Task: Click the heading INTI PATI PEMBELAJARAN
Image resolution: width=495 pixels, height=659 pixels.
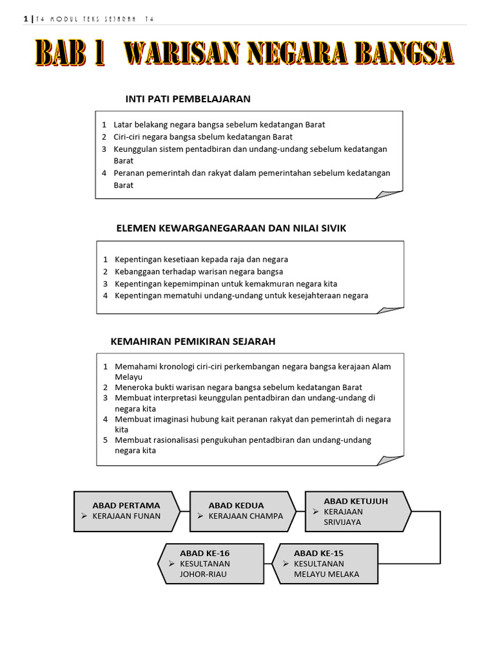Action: coord(188,98)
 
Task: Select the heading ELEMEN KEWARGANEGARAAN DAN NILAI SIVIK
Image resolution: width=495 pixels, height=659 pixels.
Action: coord(231,228)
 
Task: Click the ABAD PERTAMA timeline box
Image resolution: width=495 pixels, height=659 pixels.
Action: coord(126,511)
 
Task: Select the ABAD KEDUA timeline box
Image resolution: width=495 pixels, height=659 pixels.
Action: coord(241,511)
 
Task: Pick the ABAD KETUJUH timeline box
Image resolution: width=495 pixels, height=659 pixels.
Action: coord(356,512)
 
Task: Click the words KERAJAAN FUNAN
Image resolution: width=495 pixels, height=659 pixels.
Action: coord(127,516)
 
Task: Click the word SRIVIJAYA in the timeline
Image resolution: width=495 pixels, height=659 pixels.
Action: coord(342,522)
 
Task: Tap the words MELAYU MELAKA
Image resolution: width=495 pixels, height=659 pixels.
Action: coord(326,574)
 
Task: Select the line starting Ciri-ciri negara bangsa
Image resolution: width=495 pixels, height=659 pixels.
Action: coord(202,136)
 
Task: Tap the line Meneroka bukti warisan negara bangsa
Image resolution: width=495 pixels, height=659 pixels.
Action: coord(238,387)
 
